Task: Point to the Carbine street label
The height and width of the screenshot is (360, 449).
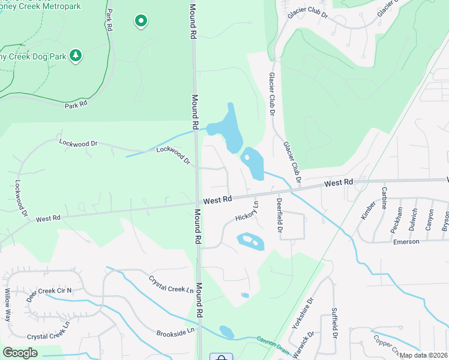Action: (384, 198)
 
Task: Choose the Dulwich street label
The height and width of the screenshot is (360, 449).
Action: (414, 220)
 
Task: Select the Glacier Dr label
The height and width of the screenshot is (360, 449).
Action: (307, 13)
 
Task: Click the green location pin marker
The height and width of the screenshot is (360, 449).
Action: (140, 21)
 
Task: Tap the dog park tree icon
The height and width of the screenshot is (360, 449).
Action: (76, 56)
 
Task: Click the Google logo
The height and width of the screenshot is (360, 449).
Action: (20, 353)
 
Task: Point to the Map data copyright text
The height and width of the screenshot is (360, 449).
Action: (424, 355)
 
